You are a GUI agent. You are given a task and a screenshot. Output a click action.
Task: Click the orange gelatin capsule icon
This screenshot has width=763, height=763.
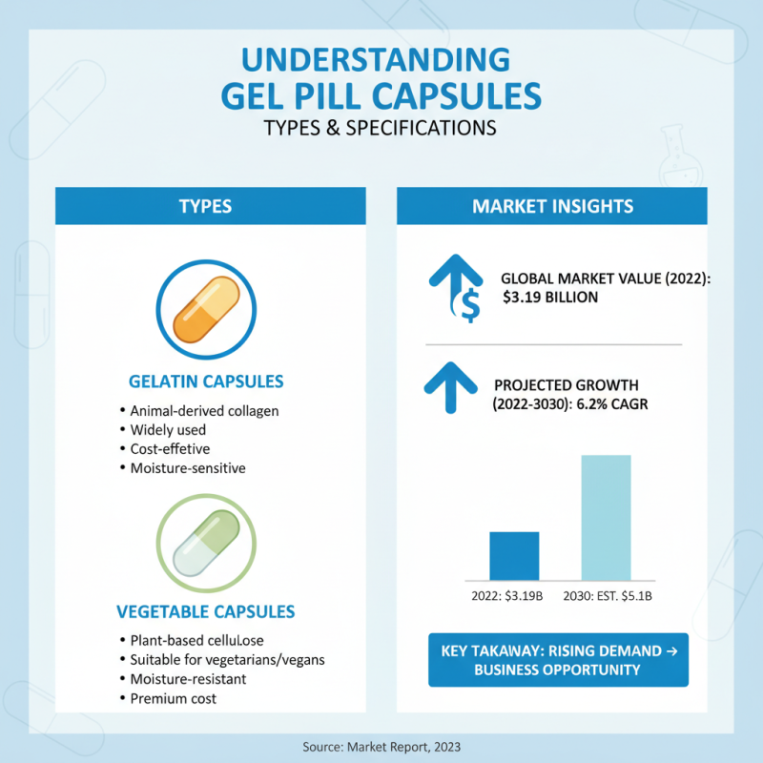[x=206, y=309]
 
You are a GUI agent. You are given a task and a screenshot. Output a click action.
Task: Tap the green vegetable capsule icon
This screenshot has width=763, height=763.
[x=206, y=543]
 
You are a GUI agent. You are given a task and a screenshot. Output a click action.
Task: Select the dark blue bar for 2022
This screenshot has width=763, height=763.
[x=514, y=556]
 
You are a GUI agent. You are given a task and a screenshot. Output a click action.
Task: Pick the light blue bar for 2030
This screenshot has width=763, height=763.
[x=607, y=518]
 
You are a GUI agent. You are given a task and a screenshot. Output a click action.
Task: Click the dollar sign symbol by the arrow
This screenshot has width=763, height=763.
[x=469, y=305]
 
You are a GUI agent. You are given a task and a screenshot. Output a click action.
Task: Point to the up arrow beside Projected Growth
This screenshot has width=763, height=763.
[x=450, y=388]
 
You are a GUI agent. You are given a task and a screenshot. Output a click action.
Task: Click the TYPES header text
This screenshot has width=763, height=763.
[x=205, y=206]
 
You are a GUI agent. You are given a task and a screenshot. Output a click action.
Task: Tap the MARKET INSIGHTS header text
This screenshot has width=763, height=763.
[x=553, y=206]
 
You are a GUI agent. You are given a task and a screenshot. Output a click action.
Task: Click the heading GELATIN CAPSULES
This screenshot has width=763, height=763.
[x=206, y=381]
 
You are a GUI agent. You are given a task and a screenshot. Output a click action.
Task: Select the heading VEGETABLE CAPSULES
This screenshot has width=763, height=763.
[x=206, y=611]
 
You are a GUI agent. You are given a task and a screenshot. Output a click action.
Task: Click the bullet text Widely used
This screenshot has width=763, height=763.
[x=168, y=430]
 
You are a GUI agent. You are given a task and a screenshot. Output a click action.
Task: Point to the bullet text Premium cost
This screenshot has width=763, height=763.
[x=174, y=699]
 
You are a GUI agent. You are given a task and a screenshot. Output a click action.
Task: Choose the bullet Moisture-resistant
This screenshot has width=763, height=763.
[x=188, y=679]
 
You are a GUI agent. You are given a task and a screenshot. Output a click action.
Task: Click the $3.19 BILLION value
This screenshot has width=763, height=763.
[x=550, y=297]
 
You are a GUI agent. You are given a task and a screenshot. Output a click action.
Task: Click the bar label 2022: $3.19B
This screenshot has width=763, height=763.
[x=507, y=596]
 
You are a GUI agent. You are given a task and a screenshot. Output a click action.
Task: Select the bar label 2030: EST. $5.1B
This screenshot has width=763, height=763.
[x=608, y=596]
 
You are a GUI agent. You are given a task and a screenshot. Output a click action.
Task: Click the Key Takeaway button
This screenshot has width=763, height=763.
[x=558, y=660]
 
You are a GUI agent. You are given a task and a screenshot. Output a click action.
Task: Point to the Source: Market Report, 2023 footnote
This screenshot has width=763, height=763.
[x=381, y=747]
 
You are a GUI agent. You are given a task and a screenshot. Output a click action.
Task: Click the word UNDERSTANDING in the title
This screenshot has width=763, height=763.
[x=376, y=60]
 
